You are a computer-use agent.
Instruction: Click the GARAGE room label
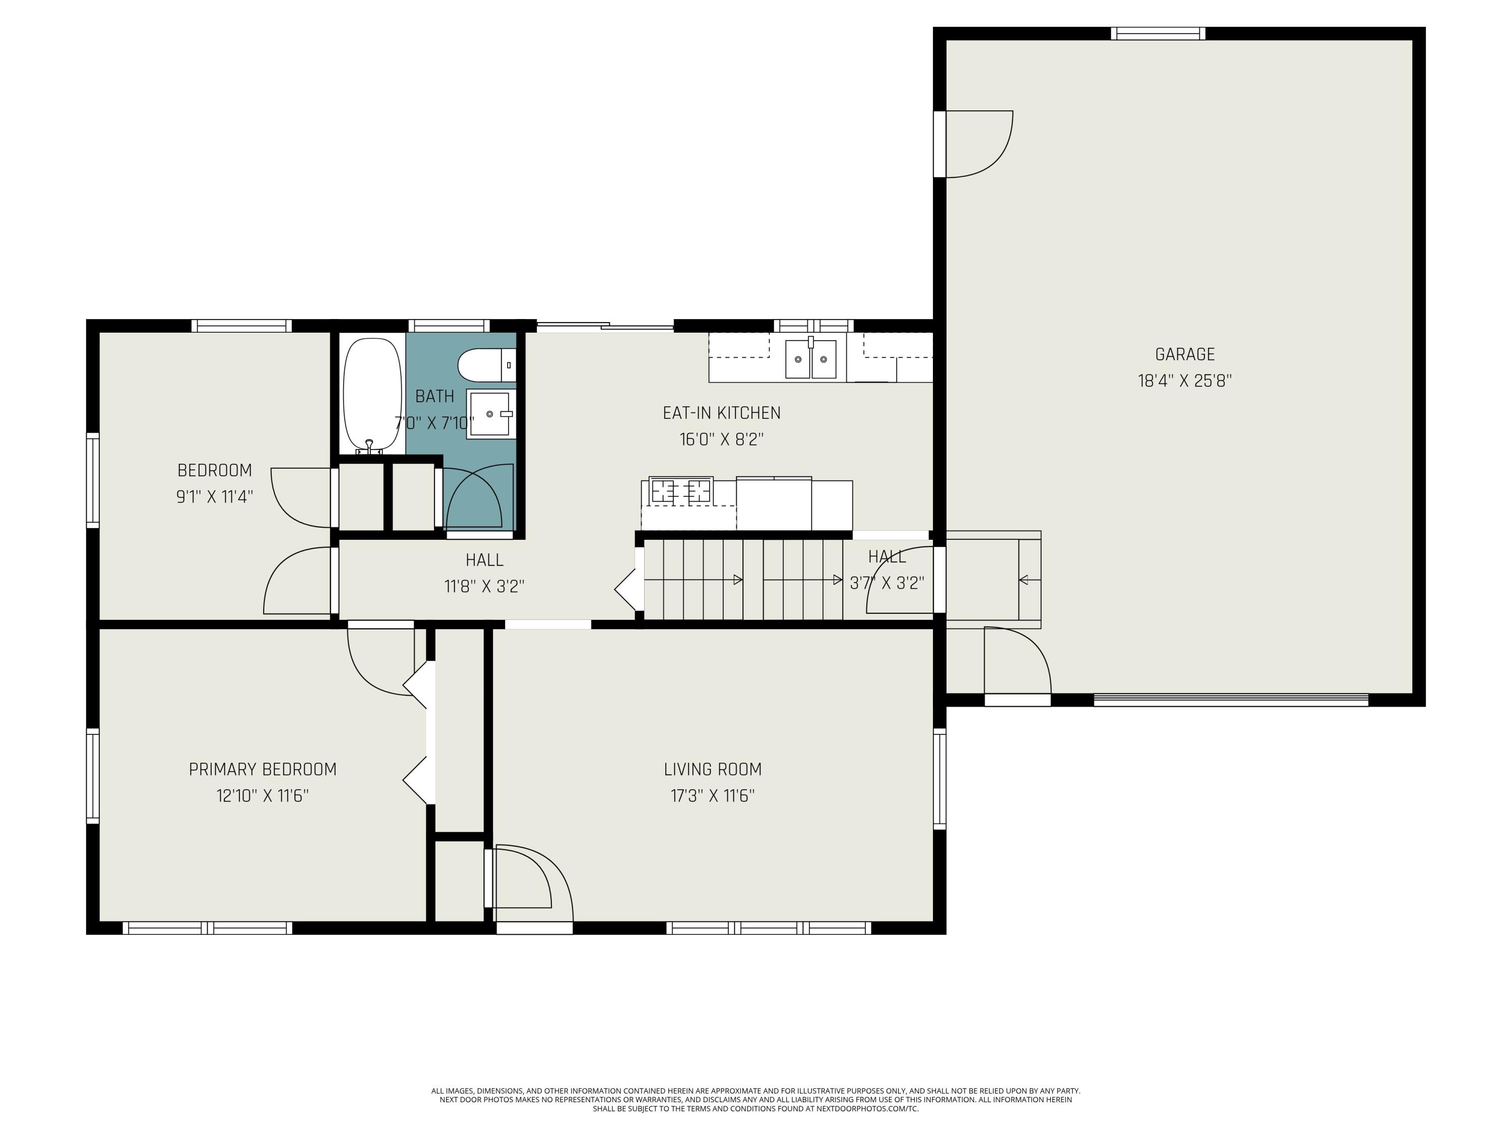(x=1184, y=354)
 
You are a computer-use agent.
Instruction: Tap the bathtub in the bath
(x=372, y=396)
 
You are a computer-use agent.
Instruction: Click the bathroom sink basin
(x=490, y=414)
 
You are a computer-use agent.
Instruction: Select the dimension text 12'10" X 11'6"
(x=263, y=796)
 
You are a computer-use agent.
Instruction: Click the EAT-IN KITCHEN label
(x=721, y=413)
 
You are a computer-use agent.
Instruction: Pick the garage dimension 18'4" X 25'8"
(x=1184, y=381)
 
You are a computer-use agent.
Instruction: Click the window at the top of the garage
(x=1158, y=33)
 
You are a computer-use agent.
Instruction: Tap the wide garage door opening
(x=1231, y=699)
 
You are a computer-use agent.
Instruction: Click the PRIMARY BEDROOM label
(x=263, y=769)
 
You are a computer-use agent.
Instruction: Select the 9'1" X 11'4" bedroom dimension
(x=215, y=496)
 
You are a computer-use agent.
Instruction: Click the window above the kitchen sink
(x=813, y=326)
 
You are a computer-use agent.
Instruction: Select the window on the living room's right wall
(x=940, y=779)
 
